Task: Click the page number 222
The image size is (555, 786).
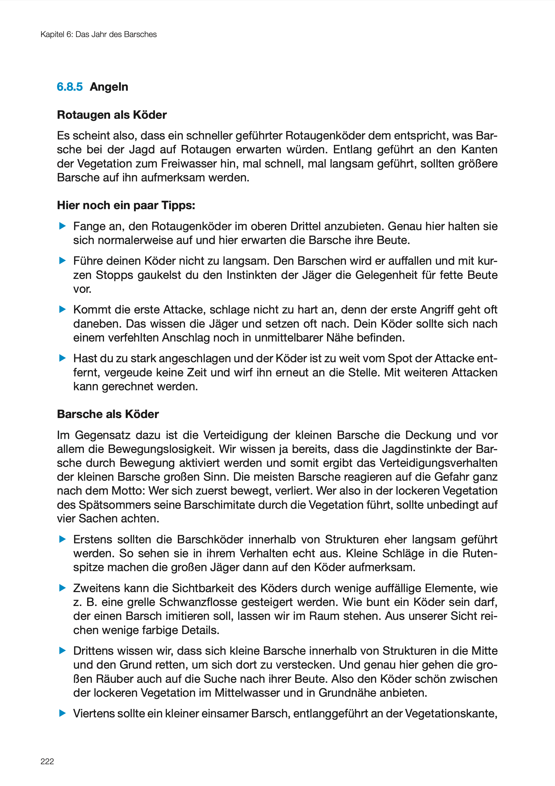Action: pyautogui.click(x=47, y=761)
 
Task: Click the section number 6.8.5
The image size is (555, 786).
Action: pyautogui.click(x=69, y=87)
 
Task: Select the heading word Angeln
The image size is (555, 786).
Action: pyautogui.click(x=109, y=87)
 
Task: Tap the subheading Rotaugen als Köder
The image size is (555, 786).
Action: pyautogui.click(x=112, y=115)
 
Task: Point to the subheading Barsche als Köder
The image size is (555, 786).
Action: pyautogui.click(x=108, y=414)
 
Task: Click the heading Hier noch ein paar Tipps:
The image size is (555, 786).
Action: pyautogui.click(x=126, y=205)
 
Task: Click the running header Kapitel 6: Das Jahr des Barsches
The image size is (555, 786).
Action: pyautogui.click(x=99, y=35)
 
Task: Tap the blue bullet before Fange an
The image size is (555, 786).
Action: pyautogui.click(x=62, y=226)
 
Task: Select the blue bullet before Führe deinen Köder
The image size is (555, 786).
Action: pyautogui.click(x=62, y=261)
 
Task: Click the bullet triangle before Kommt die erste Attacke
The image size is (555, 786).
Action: pyautogui.click(x=62, y=309)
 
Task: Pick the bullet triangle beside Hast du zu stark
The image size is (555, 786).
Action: pyautogui.click(x=62, y=358)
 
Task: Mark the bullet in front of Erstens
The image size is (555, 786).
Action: pyautogui.click(x=62, y=540)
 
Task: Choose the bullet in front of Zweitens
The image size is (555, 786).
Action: pyautogui.click(x=62, y=588)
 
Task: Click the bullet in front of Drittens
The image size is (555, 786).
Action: pyautogui.click(x=62, y=650)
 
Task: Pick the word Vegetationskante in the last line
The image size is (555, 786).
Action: pyautogui.click(x=451, y=714)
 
